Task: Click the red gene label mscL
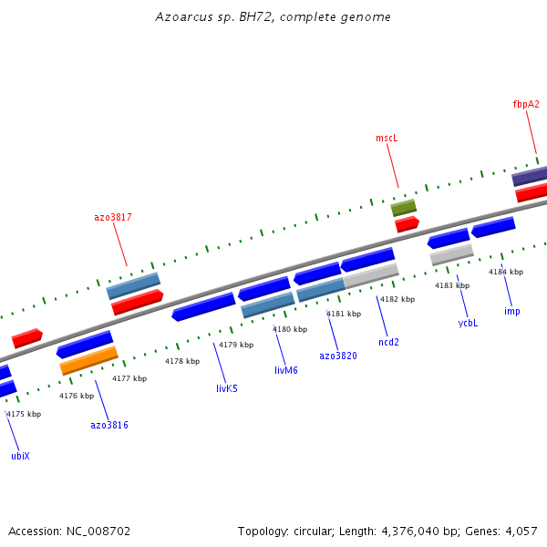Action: (387, 139)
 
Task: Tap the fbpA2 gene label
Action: (526, 104)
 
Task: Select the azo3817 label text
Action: (113, 217)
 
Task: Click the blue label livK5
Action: (227, 388)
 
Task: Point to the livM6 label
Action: (286, 370)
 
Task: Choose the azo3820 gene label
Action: (338, 356)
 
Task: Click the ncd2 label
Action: (389, 342)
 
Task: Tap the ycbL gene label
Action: (468, 323)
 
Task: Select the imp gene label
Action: (512, 311)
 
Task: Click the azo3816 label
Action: (109, 425)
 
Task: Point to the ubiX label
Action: (20, 456)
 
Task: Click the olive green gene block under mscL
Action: (404, 208)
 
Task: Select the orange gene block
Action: (88, 360)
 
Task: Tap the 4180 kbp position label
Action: (289, 329)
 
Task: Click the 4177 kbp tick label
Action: (129, 378)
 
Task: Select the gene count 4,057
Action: (521, 531)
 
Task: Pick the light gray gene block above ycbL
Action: (451, 254)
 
